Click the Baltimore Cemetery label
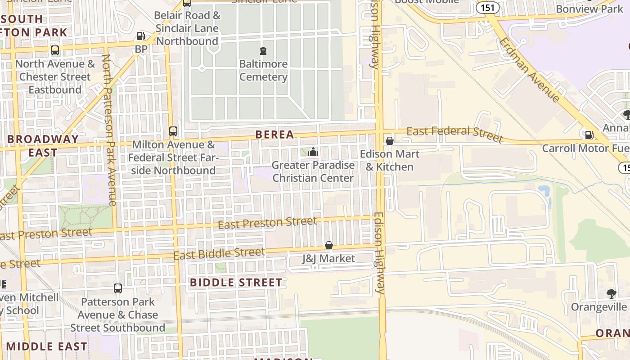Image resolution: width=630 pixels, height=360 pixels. tap(263, 70)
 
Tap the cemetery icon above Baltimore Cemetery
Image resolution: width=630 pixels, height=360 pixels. tap(263, 50)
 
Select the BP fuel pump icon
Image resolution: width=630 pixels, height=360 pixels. tap(141, 36)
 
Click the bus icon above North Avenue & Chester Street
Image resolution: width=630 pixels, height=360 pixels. tap(55, 50)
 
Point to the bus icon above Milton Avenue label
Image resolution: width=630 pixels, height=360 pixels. tap(173, 131)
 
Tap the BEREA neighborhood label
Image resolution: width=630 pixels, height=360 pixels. tap(274, 134)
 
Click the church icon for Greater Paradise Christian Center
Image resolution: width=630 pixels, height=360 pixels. tap(313, 152)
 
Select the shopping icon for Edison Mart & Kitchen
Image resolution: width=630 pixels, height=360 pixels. tap(390, 141)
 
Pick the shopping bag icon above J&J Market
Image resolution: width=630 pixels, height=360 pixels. tap(329, 245)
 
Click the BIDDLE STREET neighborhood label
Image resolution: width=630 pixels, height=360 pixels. tap(236, 283)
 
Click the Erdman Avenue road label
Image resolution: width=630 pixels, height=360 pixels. tap(530, 69)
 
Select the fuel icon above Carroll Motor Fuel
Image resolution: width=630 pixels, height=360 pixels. tap(588, 135)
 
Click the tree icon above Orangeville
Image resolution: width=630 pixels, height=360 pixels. tap(611, 294)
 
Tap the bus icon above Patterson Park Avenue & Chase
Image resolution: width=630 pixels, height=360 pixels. tap(118, 288)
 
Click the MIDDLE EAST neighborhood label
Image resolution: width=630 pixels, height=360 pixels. tap(47, 346)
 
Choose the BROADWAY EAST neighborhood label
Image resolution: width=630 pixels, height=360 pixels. tap(43, 145)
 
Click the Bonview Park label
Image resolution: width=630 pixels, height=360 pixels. tap(589, 9)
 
